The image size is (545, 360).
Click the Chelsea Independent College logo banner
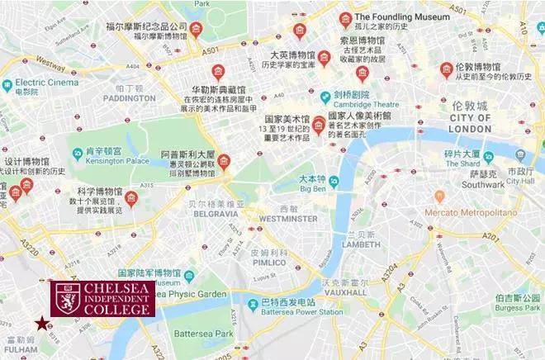pyautogui.click(x=102, y=299)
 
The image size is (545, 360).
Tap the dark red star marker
pyautogui.click(x=39, y=324)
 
